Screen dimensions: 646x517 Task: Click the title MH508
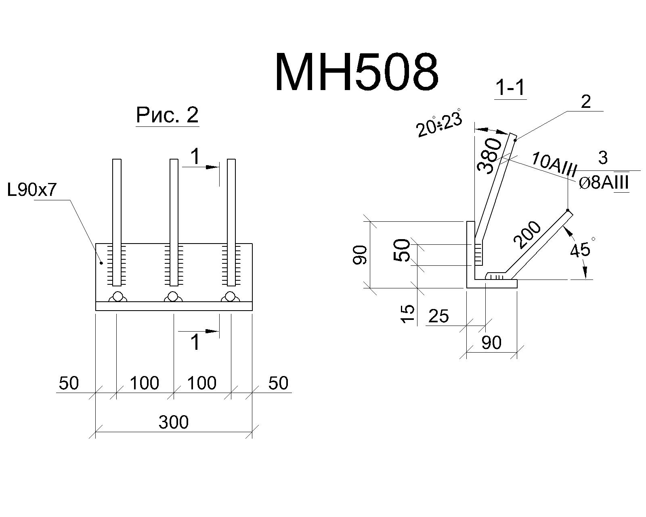[357, 72]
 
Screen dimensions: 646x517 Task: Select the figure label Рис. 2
[167, 115]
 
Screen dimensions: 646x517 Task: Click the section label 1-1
[510, 87]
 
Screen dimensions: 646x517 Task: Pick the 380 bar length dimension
[489, 156]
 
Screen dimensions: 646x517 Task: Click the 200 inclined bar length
[527, 235]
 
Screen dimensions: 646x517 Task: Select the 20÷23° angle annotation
[439, 123]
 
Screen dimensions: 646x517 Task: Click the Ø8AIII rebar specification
[604, 182]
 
